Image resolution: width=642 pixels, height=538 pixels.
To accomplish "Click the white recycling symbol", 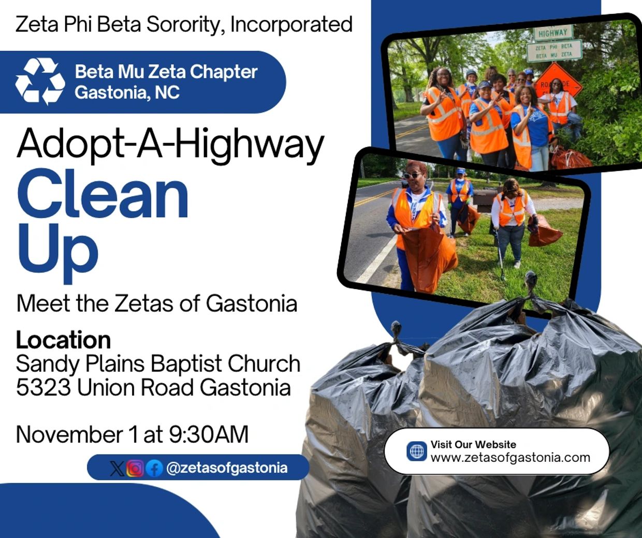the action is tap(40, 81).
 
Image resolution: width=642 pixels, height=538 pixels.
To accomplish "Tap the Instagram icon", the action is tap(135, 468).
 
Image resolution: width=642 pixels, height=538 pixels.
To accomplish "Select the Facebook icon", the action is tap(154, 469).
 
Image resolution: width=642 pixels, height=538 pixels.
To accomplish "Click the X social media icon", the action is tap(117, 469).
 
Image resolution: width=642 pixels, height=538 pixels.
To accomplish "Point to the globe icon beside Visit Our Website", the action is tap(417, 451).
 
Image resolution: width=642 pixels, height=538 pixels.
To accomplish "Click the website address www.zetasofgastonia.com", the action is tap(510, 458).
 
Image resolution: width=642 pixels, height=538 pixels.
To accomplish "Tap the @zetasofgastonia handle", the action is tap(227, 468).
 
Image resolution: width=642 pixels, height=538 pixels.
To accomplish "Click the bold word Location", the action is tap(63, 340).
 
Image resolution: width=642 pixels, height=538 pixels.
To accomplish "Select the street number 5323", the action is tap(43, 387).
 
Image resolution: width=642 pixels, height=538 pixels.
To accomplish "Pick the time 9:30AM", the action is tap(209, 434).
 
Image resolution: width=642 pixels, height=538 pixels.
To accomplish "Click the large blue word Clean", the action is tap(103, 194).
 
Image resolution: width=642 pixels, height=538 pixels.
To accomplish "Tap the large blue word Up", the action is tap(58, 252).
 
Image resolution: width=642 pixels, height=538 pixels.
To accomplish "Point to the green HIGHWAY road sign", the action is tap(552, 32).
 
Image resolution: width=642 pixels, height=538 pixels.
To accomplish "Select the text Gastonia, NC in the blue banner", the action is tap(127, 93).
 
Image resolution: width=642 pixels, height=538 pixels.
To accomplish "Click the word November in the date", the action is tap(69, 434).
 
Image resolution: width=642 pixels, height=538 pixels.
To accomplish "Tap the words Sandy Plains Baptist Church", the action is tap(158, 363).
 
